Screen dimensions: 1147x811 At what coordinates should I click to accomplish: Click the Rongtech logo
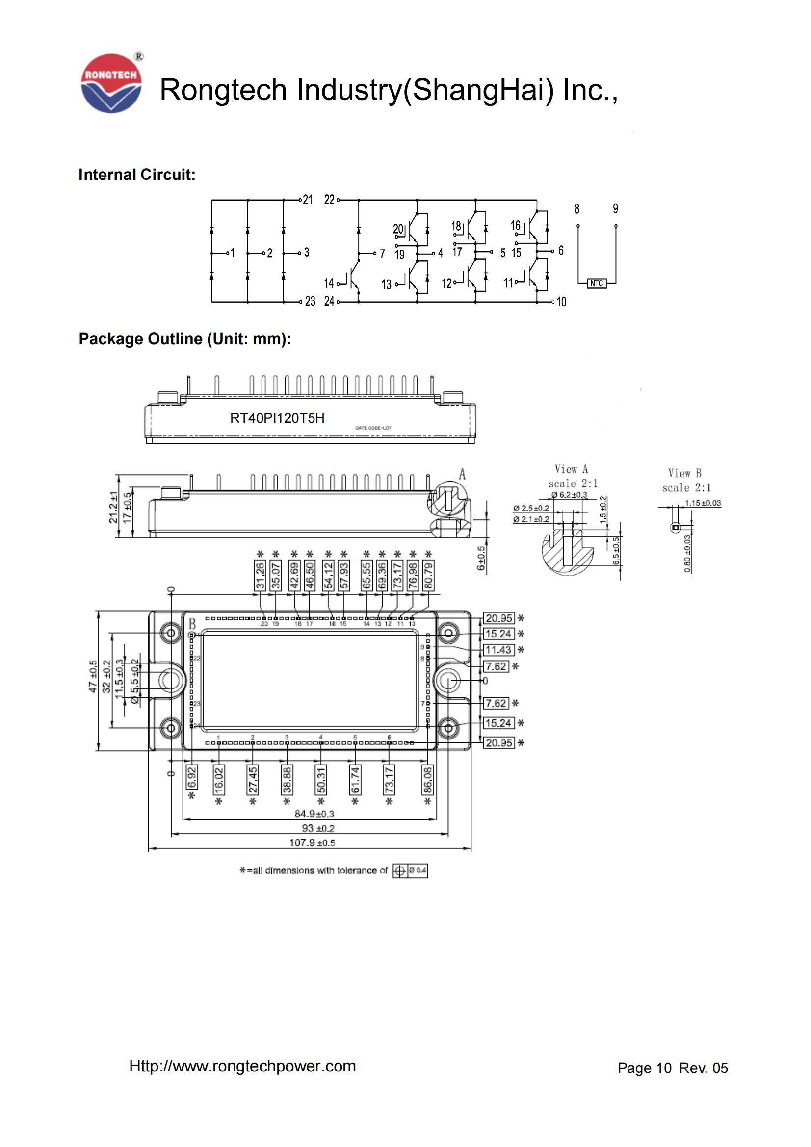pyautogui.click(x=111, y=83)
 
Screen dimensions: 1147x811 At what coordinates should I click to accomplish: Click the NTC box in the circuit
pyautogui.click(x=597, y=283)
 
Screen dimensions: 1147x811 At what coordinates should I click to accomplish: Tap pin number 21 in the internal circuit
pyautogui.click(x=307, y=200)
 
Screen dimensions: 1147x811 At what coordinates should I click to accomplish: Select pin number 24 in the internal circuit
pyautogui.click(x=329, y=301)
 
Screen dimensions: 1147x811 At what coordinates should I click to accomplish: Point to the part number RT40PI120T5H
pyautogui.click(x=277, y=418)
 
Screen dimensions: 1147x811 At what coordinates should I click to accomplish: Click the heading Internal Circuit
pyautogui.click(x=137, y=175)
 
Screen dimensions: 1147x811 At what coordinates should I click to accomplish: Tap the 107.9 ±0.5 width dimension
pyautogui.click(x=312, y=843)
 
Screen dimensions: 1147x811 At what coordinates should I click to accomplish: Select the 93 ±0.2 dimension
pyautogui.click(x=318, y=828)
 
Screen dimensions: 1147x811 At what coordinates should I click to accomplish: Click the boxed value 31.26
pyautogui.click(x=260, y=576)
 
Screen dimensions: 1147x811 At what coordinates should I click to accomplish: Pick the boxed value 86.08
pyautogui.click(x=428, y=780)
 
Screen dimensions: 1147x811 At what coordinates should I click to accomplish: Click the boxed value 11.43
pyautogui.click(x=498, y=650)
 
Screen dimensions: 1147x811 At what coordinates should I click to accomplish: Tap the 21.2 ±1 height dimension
pyautogui.click(x=113, y=507)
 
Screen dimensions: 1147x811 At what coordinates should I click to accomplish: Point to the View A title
pyautogui.click(x=571, y=469)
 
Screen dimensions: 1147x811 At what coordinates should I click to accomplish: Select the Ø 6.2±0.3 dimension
pyautogui.click(x=569, y=495)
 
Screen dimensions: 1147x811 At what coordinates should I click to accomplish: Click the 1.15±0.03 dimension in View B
pyautogui.click(x=703, y=503)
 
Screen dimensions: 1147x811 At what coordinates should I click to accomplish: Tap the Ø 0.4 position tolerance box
pyautogui.click(x=410, y=871)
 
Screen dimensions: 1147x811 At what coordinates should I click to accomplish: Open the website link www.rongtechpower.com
pyautogui.click(x=242, y=1066)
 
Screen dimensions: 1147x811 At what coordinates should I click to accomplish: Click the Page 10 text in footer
pyautogui.click(x=644, y=1068)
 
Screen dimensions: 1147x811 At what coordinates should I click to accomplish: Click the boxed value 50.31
pyautogui.click(x=321, y=780)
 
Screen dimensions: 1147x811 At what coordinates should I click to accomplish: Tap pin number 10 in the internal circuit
pyautogui.click(x=561, y=302)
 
